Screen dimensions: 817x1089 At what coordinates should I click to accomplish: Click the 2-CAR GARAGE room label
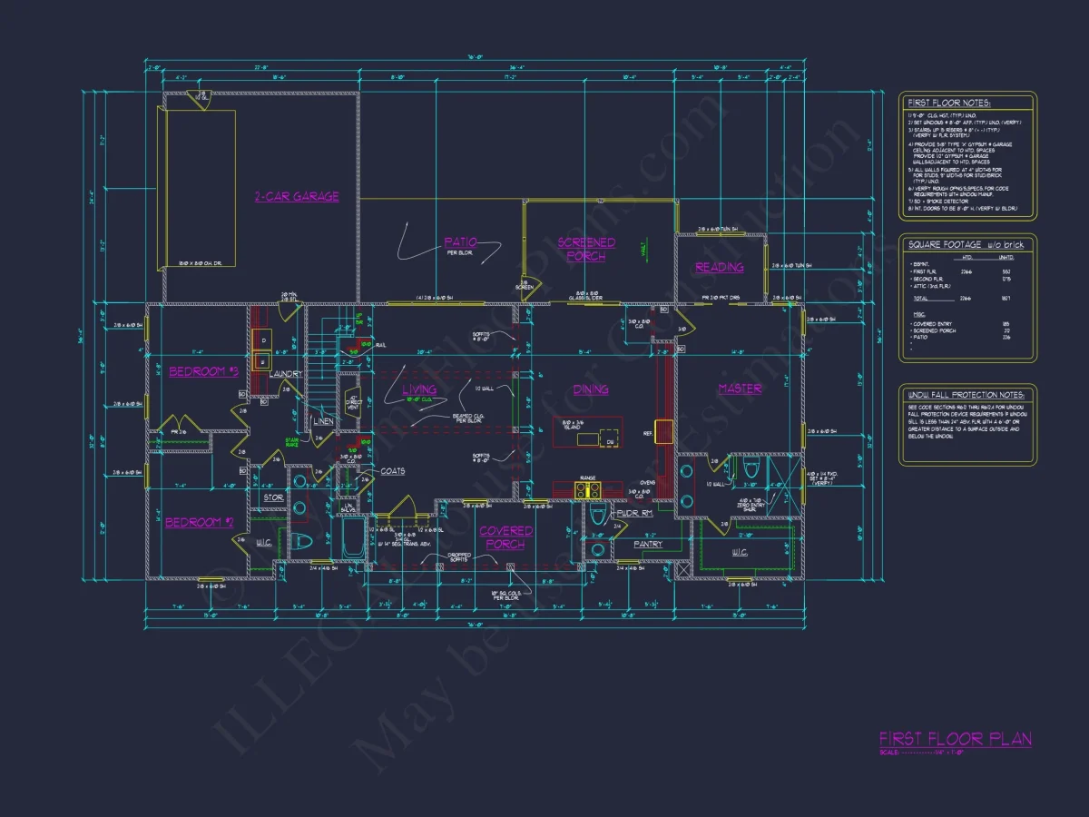coord(297,196)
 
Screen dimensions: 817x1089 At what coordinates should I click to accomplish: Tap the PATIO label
coord(460,242)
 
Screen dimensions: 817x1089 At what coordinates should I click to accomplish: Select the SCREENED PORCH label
coord(586,249)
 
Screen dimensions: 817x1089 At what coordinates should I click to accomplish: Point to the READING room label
coord(720,267)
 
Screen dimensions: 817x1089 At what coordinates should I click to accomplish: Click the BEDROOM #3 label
coord(202,371)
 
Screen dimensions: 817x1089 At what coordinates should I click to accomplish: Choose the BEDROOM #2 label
coord(200,522)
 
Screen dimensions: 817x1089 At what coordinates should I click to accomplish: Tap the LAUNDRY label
coord(286,373)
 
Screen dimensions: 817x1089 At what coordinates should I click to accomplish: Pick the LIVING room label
coord(418,389)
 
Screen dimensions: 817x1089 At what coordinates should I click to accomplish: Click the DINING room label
coord(590,389)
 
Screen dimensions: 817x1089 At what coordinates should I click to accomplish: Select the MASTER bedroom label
coord(740,389)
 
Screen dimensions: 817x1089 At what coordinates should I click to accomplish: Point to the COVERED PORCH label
coord(505,537)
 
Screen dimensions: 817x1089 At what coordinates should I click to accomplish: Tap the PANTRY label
coord(648,545)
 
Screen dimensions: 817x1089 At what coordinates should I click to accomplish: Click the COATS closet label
coord(393,471)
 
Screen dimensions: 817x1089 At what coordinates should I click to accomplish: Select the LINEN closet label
coord(322,421)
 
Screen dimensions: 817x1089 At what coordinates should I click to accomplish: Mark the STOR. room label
coord(273,497)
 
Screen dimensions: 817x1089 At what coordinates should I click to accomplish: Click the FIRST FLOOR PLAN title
coord(955,739)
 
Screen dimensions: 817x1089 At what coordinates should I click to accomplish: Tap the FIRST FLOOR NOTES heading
coord(950,103)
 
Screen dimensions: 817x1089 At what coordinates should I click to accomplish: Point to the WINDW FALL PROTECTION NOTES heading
coord(966,395)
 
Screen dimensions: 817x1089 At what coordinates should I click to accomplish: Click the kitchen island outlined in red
coord(588,431)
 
